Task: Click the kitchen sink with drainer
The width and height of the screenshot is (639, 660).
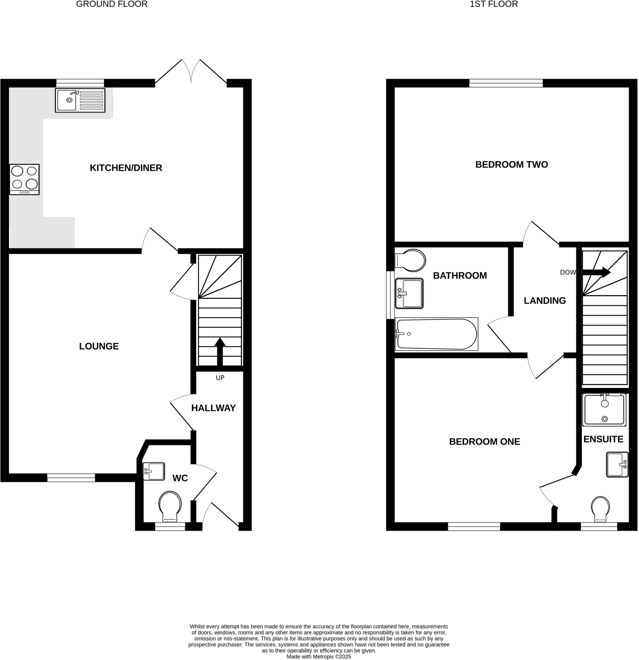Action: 80,100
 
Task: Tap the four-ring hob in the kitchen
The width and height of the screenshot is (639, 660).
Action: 24,179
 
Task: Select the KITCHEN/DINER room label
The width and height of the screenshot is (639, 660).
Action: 126,168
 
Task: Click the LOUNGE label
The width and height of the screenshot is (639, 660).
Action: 99,346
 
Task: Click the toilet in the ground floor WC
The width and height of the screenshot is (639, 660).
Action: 170,506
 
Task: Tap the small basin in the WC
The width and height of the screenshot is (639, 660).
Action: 154,471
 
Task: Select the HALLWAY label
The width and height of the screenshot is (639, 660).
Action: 213,408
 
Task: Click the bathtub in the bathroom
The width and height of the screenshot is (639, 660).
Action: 437,334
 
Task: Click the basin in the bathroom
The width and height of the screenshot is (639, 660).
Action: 409,293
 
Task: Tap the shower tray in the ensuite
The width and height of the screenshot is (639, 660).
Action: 604,410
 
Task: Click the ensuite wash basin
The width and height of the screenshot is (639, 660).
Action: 617,464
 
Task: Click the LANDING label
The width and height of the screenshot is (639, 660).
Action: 544,301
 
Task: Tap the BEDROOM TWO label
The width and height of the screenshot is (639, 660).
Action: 512,165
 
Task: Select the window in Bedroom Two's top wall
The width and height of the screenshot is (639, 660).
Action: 506,83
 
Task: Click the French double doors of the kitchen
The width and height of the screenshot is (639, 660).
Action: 191,73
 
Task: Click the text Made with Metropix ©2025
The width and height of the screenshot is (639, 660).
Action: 318,657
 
